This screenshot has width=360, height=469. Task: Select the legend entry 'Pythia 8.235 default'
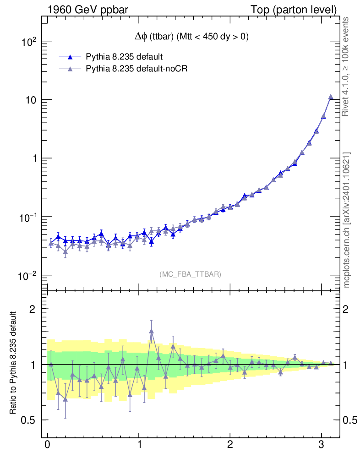[x=124, y=57]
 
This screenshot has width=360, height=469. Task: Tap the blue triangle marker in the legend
[x=70, y=57]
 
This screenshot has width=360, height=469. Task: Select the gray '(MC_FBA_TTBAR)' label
[x=191, y=274]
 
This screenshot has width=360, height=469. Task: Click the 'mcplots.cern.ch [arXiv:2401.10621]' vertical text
[x=347, y=220]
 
